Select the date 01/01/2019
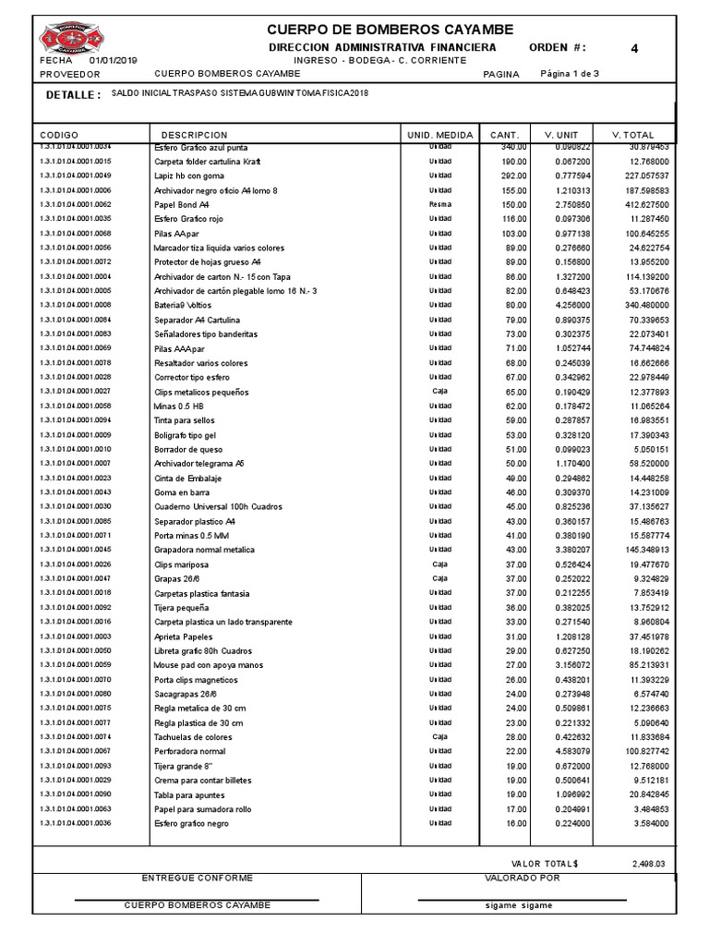(113, 60)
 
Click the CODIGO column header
(60, 134)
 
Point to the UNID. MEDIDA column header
(439, 134)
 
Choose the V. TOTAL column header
(632, 134)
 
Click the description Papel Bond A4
(182, 205)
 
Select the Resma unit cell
(439, 204)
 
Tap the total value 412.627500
(645, 204)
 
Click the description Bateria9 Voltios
(184, 306)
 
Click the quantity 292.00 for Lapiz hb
(513, 176)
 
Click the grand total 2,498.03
(648, 865)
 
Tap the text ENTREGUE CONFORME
(197, 879)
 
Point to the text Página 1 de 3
(569, 74)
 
